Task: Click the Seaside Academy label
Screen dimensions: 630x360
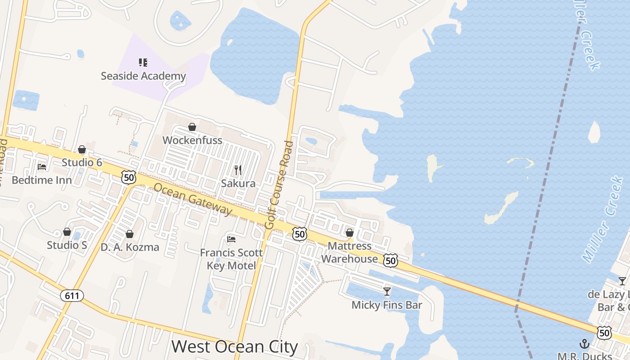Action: pos(143,76)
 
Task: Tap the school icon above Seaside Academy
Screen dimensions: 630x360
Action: pos(143,63)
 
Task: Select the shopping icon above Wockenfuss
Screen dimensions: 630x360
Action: pos(192,127)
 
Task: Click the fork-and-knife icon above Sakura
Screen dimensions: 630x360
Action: pos(238,170)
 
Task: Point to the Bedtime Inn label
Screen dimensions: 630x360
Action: pos(41,180)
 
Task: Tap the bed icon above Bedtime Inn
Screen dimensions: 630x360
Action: pos(42,167)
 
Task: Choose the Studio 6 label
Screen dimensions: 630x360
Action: pos(82,162)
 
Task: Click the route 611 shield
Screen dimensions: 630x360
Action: pos(72,295)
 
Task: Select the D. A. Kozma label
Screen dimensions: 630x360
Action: pos(130,247)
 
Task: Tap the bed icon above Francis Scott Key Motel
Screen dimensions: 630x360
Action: pos(231,239)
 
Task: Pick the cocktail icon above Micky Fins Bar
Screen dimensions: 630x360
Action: pos(387,292)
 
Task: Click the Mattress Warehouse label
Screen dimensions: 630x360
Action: pos(350,252)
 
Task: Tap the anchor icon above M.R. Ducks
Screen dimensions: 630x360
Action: pos(584,344)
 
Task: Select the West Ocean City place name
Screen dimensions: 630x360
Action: pos(234,347)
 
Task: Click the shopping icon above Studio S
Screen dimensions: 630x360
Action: pos(67,232)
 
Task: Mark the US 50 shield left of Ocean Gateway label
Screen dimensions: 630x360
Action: pos(129,177)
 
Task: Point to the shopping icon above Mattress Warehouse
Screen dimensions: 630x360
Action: pos(350,233)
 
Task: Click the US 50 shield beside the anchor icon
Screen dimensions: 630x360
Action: pos(604,333)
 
